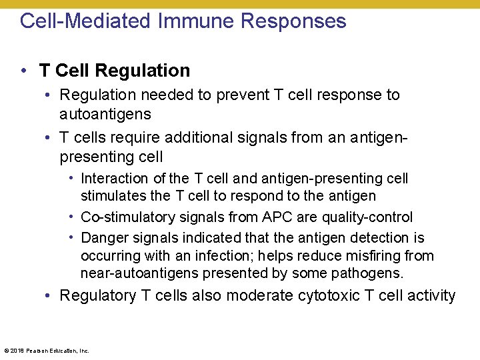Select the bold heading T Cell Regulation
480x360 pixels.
[115, 70]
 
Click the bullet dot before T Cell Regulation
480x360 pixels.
[24, 70]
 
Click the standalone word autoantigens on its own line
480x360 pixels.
[105, 114]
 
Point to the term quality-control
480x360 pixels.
[367, 217]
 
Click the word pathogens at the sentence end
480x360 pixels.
[371, 273]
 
